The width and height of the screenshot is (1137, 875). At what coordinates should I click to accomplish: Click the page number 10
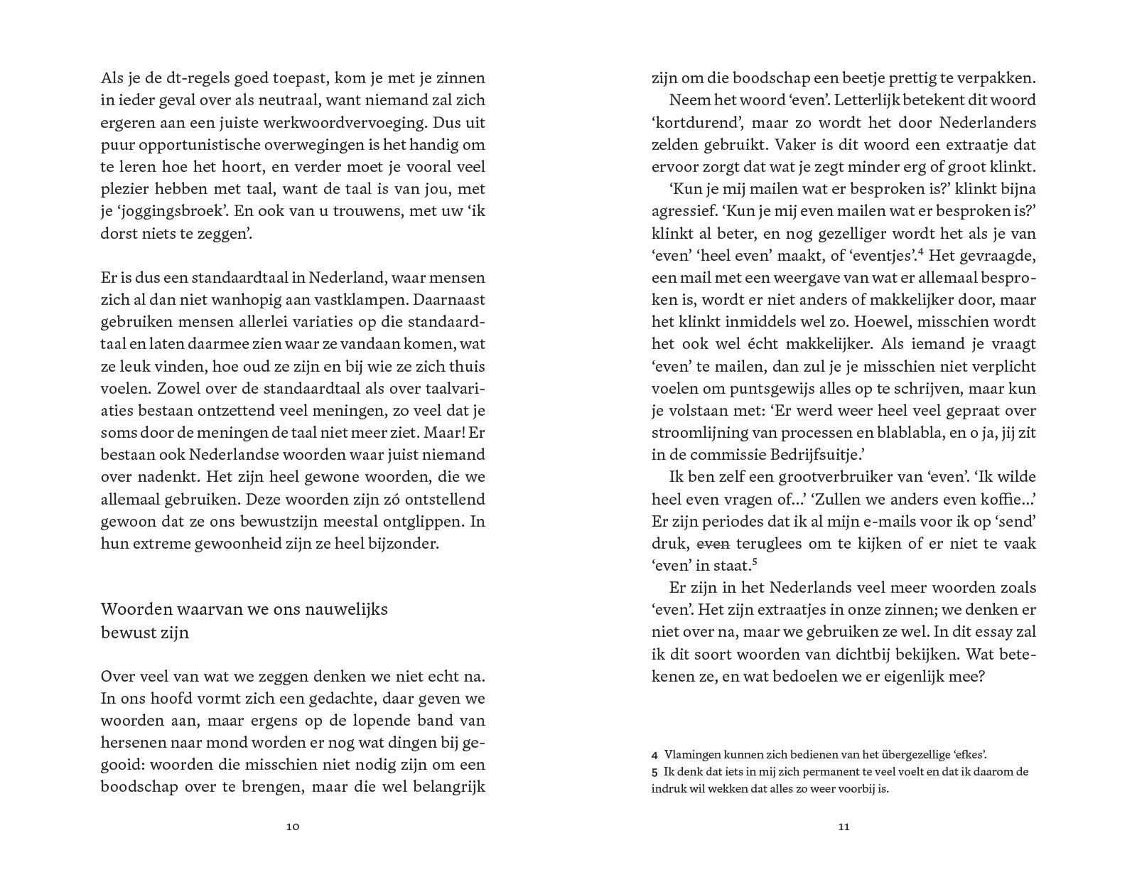[293, 827]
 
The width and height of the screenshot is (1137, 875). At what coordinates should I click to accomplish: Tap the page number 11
[844, 827]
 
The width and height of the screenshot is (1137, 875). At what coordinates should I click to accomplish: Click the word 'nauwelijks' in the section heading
[346, 609]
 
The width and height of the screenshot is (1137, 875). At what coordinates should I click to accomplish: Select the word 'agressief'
[684, 211]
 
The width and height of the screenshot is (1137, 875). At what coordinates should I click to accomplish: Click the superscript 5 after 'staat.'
[754, 562]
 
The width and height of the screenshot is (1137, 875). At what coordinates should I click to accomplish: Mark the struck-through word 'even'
[713, 544]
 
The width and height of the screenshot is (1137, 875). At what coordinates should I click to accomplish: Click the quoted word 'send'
[1015, 522]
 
